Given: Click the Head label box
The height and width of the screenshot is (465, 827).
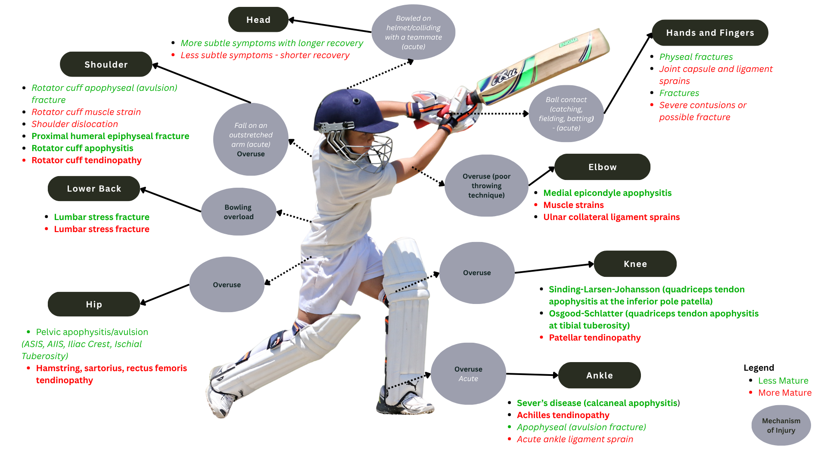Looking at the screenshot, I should point(258,20).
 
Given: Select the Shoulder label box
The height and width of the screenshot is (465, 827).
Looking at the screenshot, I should point(106,65).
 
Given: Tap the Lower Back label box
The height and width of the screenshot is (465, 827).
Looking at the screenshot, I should point(94,189).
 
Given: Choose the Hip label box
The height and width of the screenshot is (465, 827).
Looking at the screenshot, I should point(94,304).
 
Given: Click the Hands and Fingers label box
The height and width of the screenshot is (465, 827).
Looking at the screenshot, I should point(710,33).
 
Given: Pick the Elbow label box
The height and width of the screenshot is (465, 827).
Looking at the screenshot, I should point(602,167).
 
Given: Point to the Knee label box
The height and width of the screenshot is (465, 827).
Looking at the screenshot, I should point(635,264).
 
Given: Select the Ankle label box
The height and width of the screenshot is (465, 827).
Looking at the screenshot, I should point(599,375).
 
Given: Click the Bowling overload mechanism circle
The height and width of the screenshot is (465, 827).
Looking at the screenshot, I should point(239,212).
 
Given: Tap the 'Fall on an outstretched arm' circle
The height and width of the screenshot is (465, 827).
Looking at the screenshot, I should point(251,139).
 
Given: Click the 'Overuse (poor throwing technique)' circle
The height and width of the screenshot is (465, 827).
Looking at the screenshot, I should point(486,186).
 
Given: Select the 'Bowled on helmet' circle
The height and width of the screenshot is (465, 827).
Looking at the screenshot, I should point(413,32).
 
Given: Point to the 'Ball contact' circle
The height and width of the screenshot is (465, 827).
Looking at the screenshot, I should point(566,114).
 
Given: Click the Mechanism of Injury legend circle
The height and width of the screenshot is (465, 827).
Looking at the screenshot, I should point(781,425).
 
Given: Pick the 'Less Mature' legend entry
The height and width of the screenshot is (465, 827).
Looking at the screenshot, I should point(783,381).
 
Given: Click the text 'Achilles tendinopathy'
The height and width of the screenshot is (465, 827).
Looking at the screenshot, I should point(563,415).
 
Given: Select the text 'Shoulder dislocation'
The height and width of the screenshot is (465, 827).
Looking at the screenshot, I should point(75,124).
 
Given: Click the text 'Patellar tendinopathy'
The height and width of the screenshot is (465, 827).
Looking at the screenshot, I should point(594,338).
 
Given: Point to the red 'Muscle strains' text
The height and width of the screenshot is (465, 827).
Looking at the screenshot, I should point(573,205).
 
